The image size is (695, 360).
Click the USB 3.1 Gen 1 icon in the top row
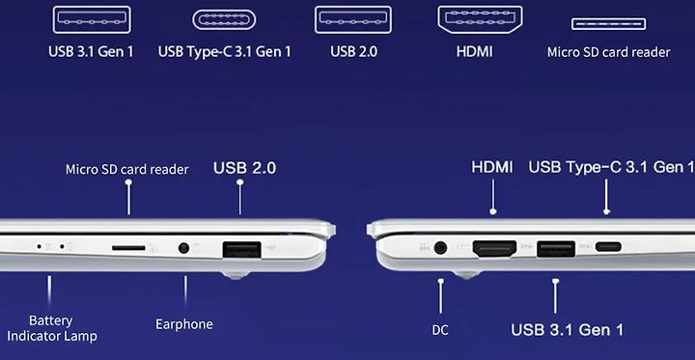pyautogui.click(x=92, y=19)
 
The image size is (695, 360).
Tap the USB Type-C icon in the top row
pyautogui.click(x=224, y=20)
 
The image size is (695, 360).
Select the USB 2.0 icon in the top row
pyautogui.click(x=353, y=19)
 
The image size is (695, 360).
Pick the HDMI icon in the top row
pyautogui.click(x=480, y=19)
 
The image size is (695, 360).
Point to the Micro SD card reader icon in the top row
pyautogui.click(x=608, y=23)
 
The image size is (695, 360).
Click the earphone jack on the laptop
pyautogui.click(x=183, y=248)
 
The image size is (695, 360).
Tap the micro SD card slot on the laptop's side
pyautogui.click(x=128, y=247)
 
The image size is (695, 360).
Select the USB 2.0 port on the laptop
pyautogui.click(x=241, y=249)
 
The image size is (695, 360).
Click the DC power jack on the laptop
pyautogui.click(x=440, y=247)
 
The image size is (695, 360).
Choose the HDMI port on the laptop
pyautogui.click(x=494, y=248)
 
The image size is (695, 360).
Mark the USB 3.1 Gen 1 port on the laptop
pyautogui.click(x=556, y=249)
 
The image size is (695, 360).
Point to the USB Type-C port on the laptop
pyautogui.click(x=608, y=246)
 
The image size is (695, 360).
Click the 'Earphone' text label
pyautogui.click(x=184, y=324)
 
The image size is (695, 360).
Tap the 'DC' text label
pyautogui.click(x=440, y=330)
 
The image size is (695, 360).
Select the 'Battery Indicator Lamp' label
pyautogui.click(x=52, y=328)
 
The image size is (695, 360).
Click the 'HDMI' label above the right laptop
pyautogui.click(x=492, y=168)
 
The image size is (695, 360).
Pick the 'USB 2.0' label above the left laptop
pyautogui.click(x=244, y=168)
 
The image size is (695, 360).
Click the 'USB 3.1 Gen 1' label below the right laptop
pyautogui.click(x=568, y=330)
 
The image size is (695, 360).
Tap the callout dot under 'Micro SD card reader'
pyautogui.click(x=128, y=182)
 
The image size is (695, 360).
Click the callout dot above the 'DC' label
pyautogui.click(x=440, y=281)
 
